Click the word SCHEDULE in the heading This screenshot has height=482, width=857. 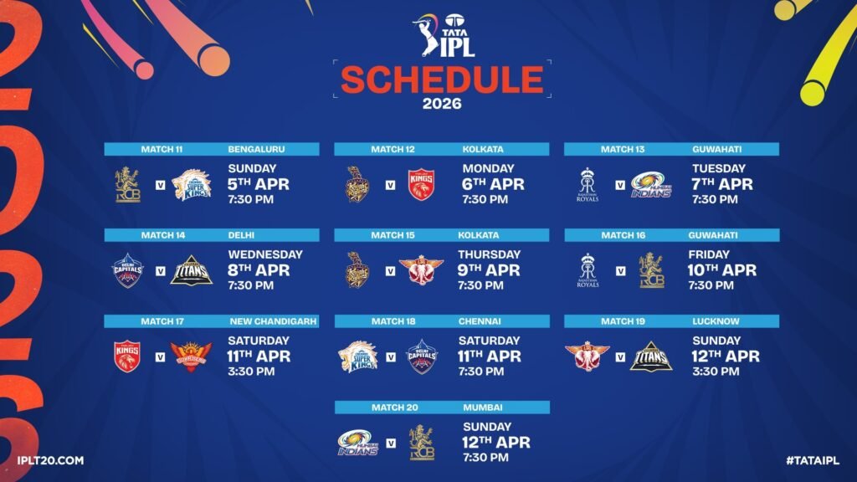click(442, 80)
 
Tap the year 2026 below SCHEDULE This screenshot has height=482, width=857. click(442, 105)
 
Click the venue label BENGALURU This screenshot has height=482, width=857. click(256, 150)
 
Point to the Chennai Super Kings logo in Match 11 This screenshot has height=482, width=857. click(191, 184)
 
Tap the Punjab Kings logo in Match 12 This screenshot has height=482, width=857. click(421, 184)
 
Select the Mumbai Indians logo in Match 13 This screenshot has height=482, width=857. click(651, 184)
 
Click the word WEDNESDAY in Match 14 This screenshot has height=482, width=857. click(265, 254)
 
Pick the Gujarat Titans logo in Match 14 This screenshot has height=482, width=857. click(191, 270)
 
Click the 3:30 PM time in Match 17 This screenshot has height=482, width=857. click(251, 372)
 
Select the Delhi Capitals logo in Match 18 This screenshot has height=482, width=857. click(421, 356)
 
